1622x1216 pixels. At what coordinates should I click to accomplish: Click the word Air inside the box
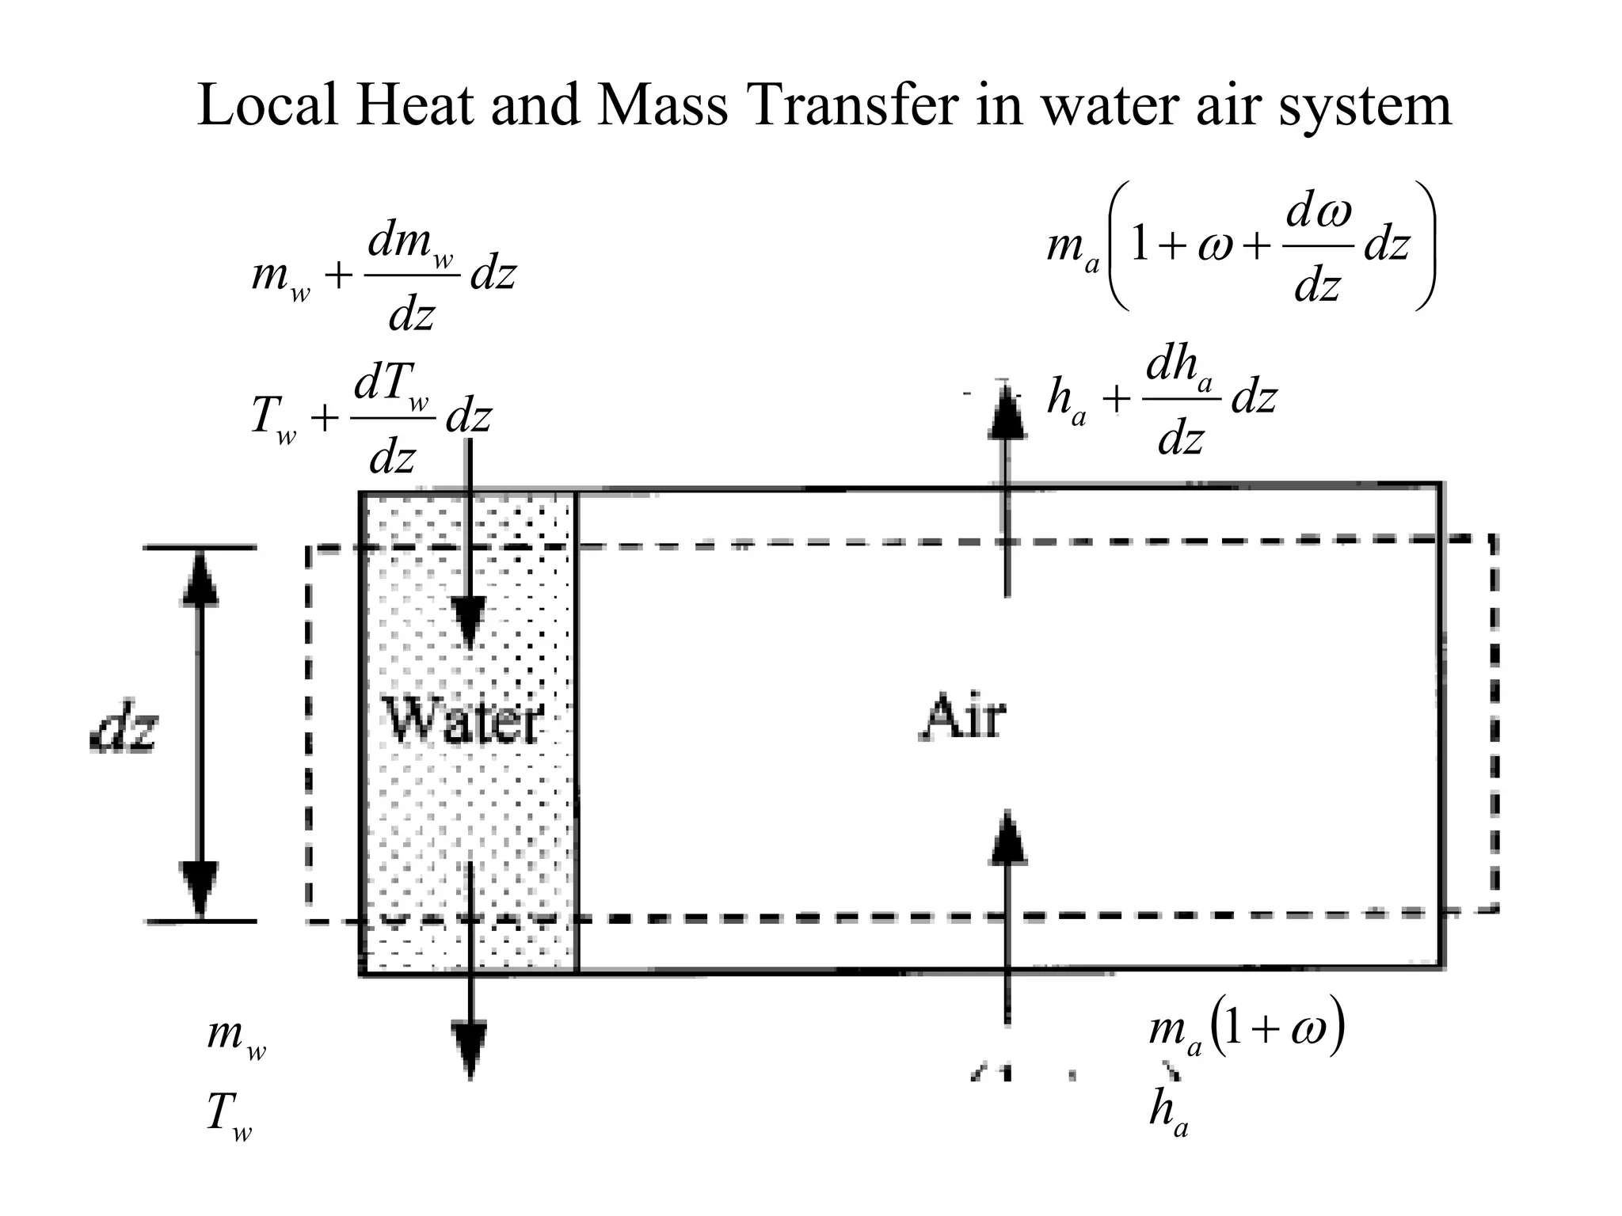tap(964, 716)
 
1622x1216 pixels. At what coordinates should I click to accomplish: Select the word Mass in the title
tap(661, 106)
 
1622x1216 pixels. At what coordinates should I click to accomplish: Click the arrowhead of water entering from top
tap(470, 622)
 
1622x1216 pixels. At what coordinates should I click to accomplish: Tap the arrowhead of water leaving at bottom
tap(470, 1049)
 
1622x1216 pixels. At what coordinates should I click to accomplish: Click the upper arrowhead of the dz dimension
tap(200, 578)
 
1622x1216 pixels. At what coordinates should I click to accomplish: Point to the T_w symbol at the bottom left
tap(229, 1117)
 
